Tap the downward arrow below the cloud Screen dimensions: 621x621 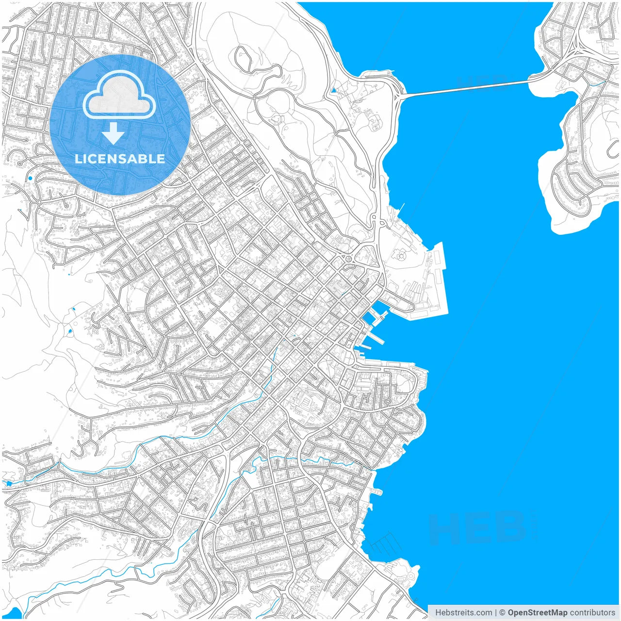(114, 133)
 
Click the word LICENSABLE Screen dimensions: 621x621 (120, 159)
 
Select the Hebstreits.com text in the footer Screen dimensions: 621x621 (463, 612)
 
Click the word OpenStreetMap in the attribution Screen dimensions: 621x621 (537, 612)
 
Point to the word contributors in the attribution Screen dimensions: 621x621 (592, 612)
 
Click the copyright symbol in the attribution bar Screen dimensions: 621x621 (502, 612)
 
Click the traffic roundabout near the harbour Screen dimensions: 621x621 (348, 259)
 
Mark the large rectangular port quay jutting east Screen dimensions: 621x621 (439, 281)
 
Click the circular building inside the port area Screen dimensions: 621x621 (401, 254)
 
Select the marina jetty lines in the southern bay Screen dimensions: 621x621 (386, 543)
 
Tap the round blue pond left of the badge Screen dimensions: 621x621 (30, 178)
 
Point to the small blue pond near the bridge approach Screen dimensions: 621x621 (333, 90)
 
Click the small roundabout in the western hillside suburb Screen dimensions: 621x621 (39, 202)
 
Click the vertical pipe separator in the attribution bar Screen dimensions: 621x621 (495, 612)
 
